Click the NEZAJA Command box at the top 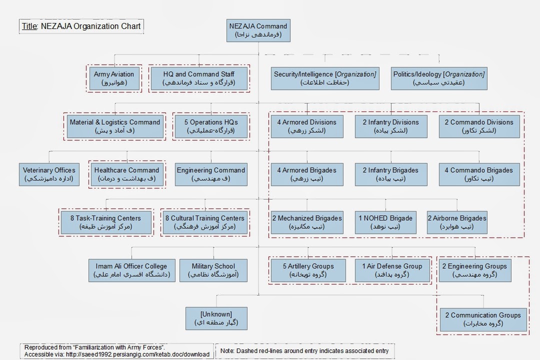258,30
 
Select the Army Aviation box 114,78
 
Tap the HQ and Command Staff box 198,78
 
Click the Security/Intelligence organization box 325,78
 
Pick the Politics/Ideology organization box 439,78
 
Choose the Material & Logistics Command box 115,126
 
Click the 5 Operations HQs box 210,126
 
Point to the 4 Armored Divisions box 307,126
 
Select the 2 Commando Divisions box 479,126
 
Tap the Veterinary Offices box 49,174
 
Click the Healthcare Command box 127,174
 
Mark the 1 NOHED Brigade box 385,222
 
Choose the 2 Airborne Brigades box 457,222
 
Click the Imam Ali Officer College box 132,270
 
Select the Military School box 213,270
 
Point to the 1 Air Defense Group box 392,270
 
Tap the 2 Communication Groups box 483,319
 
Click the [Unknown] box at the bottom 216,318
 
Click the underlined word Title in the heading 29,26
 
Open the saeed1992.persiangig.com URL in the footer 134,354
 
